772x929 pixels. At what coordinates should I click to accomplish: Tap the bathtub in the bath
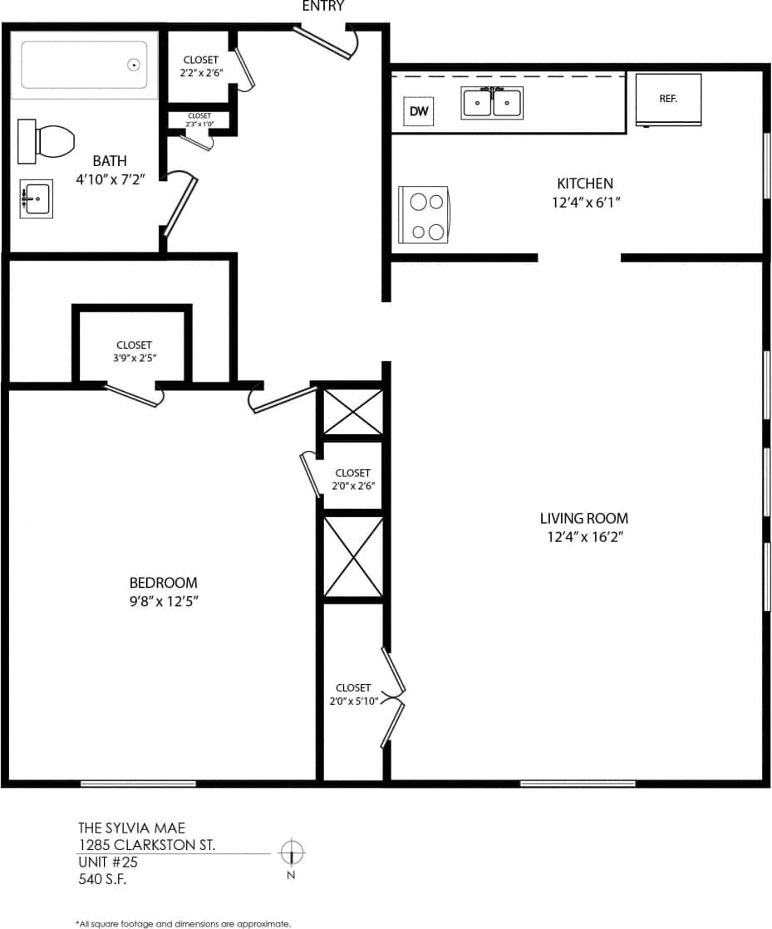click(84, 65)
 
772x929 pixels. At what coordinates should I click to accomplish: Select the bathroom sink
click(36, 199)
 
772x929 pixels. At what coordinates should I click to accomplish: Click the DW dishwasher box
click(419, 111)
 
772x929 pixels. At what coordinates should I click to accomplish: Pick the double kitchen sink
click(492, 103)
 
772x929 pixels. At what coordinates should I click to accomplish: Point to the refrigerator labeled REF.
click(668, 99)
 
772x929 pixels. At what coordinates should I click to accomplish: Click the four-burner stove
click(425, 214)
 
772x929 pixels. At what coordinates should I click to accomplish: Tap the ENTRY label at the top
click(324, 7)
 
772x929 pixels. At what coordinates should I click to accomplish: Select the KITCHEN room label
click(584, 183)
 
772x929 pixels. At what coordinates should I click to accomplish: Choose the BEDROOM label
click(163, 583)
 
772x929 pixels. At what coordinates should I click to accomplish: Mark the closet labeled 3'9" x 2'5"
click(134, 350)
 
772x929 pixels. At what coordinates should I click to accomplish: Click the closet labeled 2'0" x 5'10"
click(353, 694)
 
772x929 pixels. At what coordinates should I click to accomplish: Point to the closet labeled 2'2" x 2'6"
click(200, 66)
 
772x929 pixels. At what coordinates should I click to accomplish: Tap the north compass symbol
click(292, 852)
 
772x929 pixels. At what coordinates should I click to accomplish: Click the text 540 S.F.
click(102, 879)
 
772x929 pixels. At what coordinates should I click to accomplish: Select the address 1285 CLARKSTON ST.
click(146, 845)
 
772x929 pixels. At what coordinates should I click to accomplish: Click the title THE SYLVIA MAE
click(131, 828)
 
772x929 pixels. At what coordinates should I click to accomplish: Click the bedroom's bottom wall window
click(138, 783)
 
